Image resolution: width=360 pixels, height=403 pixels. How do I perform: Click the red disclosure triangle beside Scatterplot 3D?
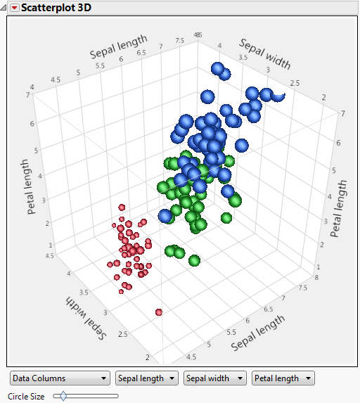[x=14, y=8]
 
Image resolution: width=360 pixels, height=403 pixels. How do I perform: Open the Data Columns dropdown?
[x=60, y=378]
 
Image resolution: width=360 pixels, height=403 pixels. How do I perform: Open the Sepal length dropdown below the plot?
[x=147, y=378]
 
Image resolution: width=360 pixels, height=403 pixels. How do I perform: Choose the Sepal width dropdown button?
[x=215, y=378]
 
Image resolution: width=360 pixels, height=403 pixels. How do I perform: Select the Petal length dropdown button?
[x=283, y=378]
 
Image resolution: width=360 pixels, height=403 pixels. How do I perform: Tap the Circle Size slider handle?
[x=63, y=397]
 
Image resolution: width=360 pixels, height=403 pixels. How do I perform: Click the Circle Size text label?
[x=26, y=397]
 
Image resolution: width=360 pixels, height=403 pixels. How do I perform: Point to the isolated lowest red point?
[x=159, y=312]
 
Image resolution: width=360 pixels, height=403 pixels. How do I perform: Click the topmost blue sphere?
[x=218, y=69]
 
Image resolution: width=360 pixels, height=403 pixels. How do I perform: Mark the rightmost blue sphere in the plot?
[x=278, y=95]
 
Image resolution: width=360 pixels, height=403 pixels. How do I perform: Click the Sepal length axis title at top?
[x=118, y=46]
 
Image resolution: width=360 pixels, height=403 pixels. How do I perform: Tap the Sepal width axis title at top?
[x=265, y=55]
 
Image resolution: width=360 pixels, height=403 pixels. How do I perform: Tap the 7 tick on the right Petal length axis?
[x=342, y=113]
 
